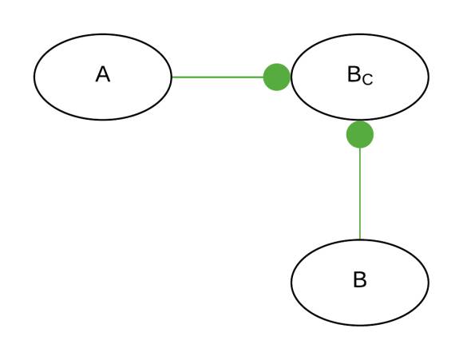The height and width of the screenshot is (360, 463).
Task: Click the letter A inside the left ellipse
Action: pos(103,74)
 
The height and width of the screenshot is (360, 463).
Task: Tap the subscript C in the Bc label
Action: pos(368,80)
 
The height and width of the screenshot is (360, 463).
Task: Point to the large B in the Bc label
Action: pos(354,74)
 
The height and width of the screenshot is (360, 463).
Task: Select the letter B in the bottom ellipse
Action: pos(360,279)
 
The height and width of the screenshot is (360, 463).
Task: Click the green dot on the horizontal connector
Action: pos(277,77)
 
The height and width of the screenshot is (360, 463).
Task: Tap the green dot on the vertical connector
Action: pos(360,134)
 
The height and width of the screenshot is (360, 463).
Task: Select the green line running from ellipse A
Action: pos(218,77)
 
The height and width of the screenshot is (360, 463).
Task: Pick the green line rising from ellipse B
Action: pos(360,193)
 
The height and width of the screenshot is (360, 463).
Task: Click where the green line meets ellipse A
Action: pos(172,77)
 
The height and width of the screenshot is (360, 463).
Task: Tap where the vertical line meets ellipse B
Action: pos(360,239)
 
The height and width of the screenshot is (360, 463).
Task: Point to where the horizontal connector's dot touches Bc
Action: pos(291,77)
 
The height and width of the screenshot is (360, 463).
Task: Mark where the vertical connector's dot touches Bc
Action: pos(360,121)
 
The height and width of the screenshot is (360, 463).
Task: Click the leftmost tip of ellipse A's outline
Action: pos(34,77)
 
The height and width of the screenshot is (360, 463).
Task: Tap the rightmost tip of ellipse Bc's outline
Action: pos(429,77)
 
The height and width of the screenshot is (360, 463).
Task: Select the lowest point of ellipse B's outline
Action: pos(360,326)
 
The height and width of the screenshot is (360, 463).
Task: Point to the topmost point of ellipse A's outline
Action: pos(103,34)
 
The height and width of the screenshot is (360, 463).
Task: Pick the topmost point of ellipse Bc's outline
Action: pos(360,34)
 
